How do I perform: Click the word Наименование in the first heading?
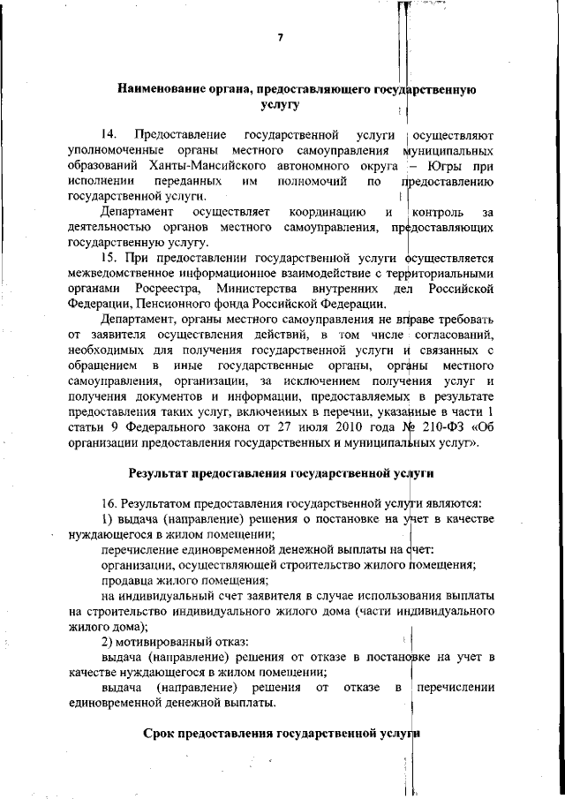(x=162, y=89)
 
